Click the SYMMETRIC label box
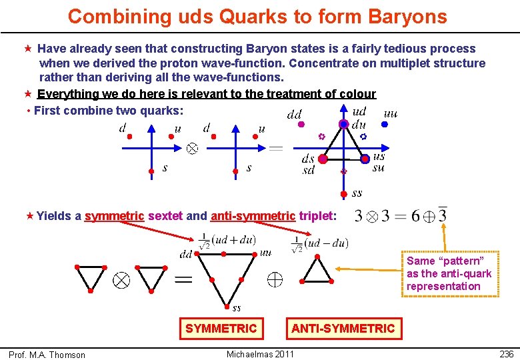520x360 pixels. [221, 328]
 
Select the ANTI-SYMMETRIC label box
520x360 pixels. [343, 328]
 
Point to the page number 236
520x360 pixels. [506, 354]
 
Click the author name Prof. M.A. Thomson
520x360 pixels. [47, 355]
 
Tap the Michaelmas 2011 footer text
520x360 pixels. [260, 353]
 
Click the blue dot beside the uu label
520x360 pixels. [386, 124]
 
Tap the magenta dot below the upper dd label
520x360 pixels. [301, 124]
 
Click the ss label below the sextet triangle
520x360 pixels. [237, 307]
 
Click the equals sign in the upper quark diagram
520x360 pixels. [275, 148]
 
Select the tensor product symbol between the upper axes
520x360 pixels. [192, 148]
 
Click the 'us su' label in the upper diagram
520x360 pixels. [379, 162]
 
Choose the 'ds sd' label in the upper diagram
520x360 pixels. [308, 164]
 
